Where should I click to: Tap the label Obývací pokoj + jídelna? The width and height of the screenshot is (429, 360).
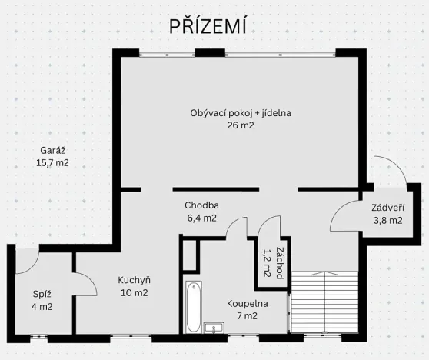(x=241, y=113)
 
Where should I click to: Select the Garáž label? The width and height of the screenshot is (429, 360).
(x=52, y=151)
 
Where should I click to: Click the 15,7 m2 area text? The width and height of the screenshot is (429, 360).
(x=52, y=163)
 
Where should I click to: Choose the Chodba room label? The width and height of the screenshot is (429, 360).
(x=201, y=205)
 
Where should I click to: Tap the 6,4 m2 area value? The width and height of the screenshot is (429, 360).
(x=201, y=218)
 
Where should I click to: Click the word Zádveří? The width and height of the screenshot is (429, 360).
(x=387, y=208)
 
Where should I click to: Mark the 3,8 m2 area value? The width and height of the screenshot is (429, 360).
(x=387, y=221)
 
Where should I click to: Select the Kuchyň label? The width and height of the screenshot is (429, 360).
(x=133, y=280)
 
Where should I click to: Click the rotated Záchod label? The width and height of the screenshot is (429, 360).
(x=273, y=262)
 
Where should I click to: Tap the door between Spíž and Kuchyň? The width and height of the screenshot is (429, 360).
(x=85, y=285)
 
